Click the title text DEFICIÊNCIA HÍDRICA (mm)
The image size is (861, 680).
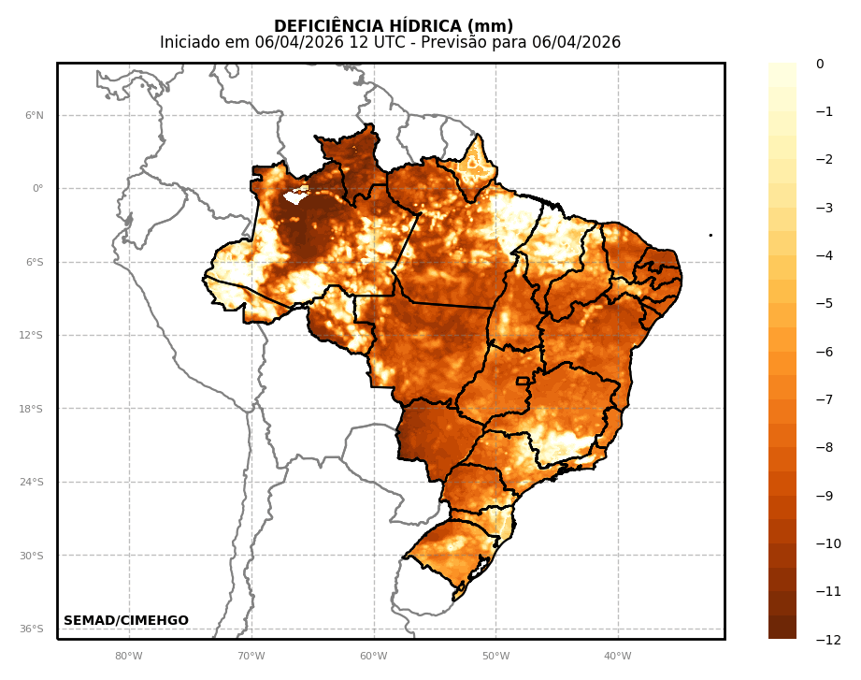tap(393, 26)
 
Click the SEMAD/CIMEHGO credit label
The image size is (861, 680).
tap(126, 621)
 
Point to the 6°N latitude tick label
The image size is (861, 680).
tap(35, 116)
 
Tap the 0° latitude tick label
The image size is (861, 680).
tap(37, 189)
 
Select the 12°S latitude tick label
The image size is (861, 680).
tap(33, 336)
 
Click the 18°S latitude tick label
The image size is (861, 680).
tap(33, 409)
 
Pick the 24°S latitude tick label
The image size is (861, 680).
tap(33, 483)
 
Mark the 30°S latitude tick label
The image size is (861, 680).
tap(33, 556)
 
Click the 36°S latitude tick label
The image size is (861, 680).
tap(33, 629)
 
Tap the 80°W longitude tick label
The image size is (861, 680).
tap(129, 656)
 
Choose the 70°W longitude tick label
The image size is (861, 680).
tap(251, 656)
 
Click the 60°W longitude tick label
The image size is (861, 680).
tap(373, 656)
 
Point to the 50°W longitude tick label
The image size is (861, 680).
tap(495, 656)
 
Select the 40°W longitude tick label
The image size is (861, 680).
tap(617, 656)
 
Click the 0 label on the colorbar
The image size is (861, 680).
tap(820, 65)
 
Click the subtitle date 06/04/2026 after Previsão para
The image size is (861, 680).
tap(576, 43)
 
